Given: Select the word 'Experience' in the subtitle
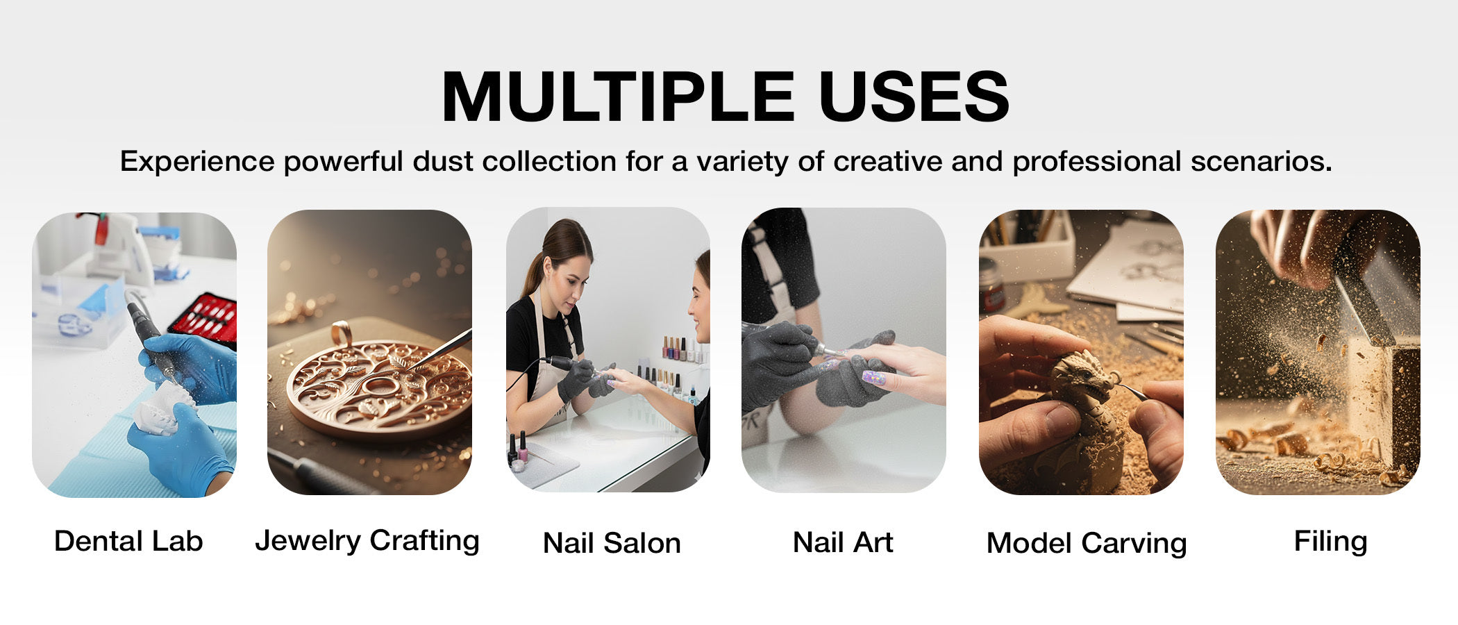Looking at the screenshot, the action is click(197, 162).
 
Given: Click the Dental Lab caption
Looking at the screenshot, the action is click(128, 541).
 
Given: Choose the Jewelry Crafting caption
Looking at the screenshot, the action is click(367, 541).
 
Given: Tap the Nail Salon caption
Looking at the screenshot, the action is click(612, 543).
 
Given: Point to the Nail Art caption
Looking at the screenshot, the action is click(843, 542).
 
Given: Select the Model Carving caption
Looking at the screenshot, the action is click(1087, 544).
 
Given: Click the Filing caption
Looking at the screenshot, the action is click(1330, 541).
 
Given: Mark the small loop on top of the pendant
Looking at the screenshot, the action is click(341, 334).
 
